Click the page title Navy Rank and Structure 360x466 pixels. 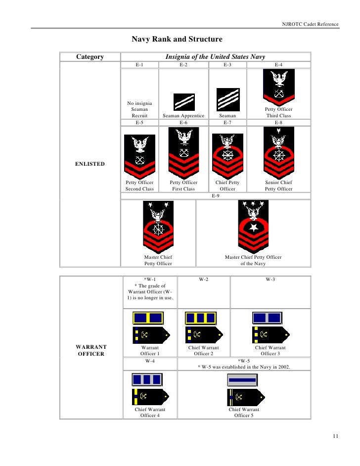(177, 39)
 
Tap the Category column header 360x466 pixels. (90, 57)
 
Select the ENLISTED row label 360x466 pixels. (90, 164)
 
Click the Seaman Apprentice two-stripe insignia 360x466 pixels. (183, 102)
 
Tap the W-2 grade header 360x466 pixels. (203, 280)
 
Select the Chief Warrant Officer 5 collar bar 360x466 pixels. (242, 380)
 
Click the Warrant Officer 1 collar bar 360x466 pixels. (148, 318)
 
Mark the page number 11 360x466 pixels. (336, 436)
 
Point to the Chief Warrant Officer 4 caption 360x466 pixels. (150, 413)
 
